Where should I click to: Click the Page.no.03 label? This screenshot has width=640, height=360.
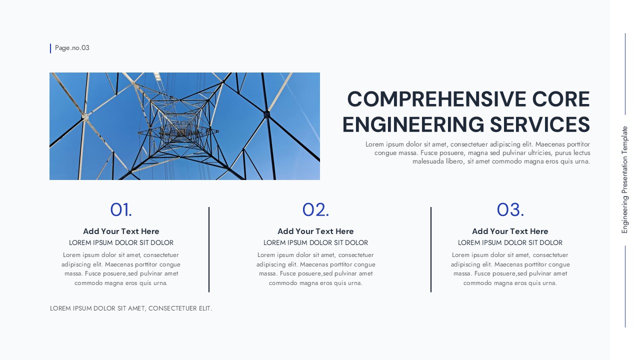click(x=72, y=48)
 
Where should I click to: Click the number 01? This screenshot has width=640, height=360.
click(x=121, y=210)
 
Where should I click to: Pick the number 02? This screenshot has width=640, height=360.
click(x=315, y=210)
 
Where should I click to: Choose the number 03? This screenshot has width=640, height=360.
click(x=510, y=210)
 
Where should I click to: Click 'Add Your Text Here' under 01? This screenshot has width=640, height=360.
click(x=121, y=231)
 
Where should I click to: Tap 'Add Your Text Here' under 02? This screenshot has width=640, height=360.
click(x=315, y=231)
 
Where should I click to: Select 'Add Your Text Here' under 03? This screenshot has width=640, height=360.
click(x=510, y=231)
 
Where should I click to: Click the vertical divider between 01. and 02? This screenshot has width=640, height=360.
click(x=209, y=249)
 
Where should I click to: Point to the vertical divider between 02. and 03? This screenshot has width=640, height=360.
click(x=431, y=249)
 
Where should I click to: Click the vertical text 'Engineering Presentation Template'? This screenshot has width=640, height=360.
click(x=624, y=180)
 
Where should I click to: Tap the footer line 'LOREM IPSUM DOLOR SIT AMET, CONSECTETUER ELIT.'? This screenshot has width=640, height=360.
click(x=131, y=308)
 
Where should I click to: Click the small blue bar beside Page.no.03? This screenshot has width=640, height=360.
click(x=50, y=48)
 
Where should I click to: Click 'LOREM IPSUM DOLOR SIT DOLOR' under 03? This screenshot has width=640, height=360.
click(x=510, y=243)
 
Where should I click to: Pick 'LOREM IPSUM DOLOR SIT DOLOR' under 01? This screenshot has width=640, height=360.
click(x=121, y=243)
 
